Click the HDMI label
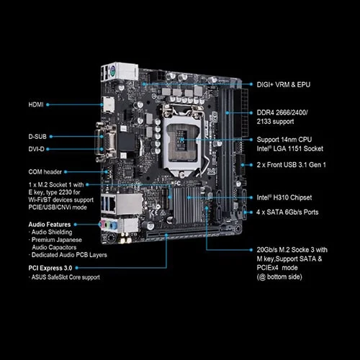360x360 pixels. click(36, 104)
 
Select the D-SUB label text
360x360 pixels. click(39, 136)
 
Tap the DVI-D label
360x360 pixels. click(37, 149)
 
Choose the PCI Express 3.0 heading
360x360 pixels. click(53, 268)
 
